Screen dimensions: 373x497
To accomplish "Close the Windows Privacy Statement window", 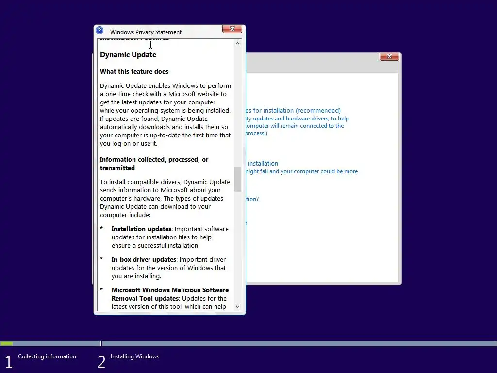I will point(232,29).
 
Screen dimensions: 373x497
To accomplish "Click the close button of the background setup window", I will point(389,57).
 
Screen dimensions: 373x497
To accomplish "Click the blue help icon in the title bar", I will point(99,30).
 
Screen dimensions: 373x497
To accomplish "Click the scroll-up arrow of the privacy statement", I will point(237,43).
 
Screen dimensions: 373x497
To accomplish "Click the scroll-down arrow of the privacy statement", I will point(237,306).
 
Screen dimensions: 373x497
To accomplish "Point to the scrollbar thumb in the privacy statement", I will point(237,179).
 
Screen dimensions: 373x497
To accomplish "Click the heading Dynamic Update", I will point(128,55).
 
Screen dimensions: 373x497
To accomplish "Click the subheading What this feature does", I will point(134,71).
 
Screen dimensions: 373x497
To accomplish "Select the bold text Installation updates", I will point(141,229).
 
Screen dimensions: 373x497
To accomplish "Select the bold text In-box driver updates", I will point(144,260).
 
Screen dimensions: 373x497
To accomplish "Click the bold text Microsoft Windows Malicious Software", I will point(170,290).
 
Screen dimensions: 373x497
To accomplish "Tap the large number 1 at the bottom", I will point(8,362).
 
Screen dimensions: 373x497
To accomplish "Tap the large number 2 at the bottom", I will point(101,362).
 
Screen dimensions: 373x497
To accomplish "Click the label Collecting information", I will point(47,356).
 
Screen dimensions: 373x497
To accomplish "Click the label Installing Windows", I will point(134,356).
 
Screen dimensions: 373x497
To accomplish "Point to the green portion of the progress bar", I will point(7,344).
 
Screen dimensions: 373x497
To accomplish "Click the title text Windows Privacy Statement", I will point(146,32).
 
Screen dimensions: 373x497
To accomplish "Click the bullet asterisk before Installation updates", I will point(102,229).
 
